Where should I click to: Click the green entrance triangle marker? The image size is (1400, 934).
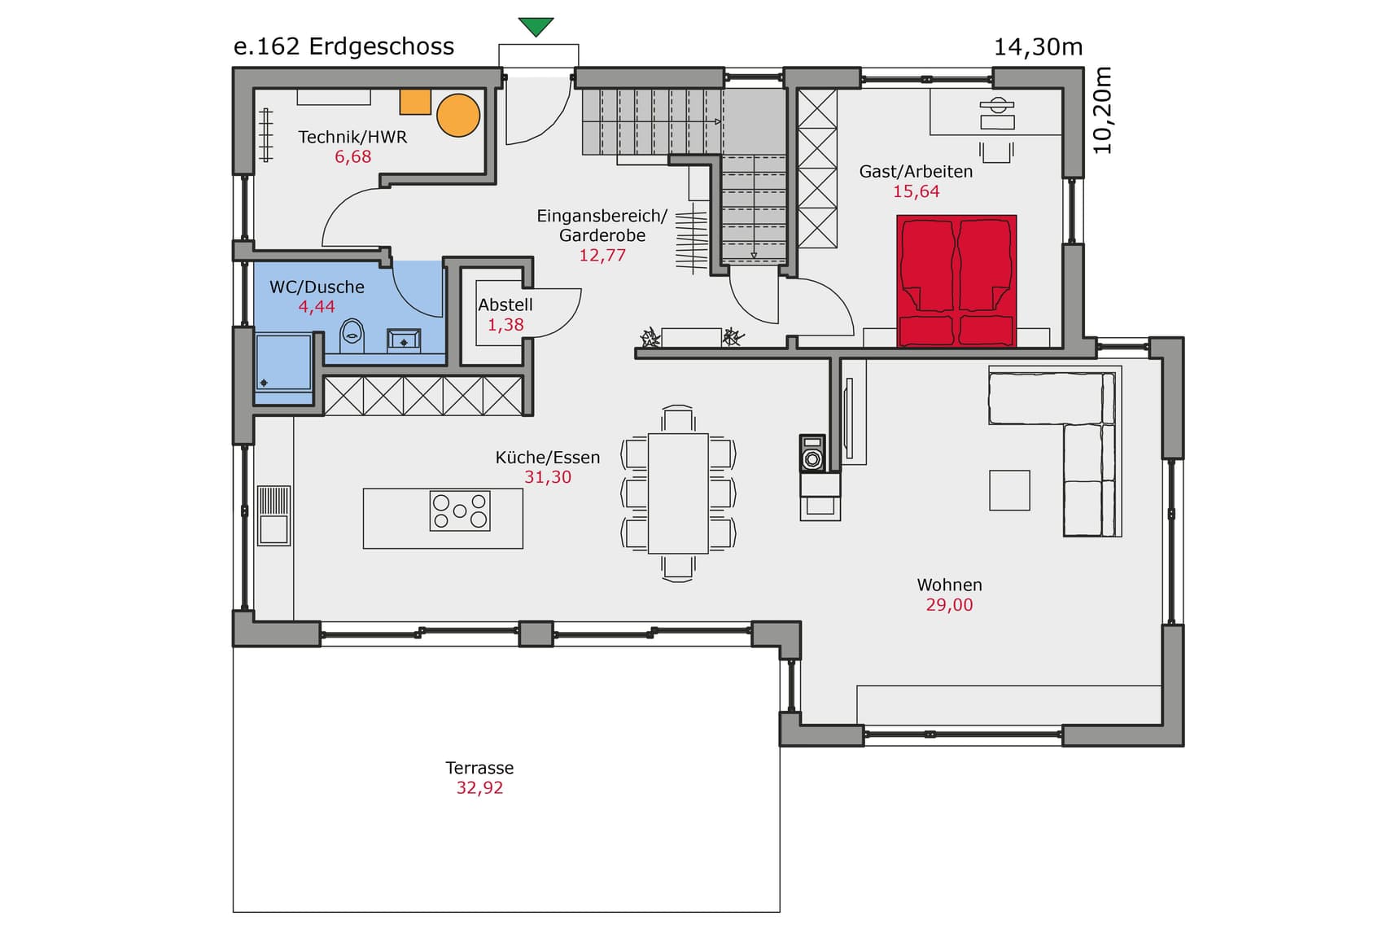pyautogui.click(x=536, y=26)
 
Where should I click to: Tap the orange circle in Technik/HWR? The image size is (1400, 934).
pyautogui.click(x=458, y=115)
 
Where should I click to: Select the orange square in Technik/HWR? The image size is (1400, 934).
pyautogui.click(x=415, y=101)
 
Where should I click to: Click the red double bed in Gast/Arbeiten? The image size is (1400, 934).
pyautogui.click(x=956, y=281)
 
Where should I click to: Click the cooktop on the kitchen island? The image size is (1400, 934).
pyautogui.click(x=460, y=511)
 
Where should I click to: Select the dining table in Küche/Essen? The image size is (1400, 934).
pyautogui.click(x=678, y=493)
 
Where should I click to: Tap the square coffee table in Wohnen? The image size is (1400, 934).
pyautogui.click(x=1009, y=490)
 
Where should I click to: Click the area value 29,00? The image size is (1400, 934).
pyautogui.click(x=949, y=605)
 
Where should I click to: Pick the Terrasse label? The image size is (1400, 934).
pyautogui.click(x=479, y=768)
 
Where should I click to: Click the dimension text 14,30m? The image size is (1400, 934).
pyautogui.click(x=1038, y=47)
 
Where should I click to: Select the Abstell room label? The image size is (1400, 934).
pyautogui.click(x=505, y=305)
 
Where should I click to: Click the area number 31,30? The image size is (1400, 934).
pyautogui.click(x=548, y=477)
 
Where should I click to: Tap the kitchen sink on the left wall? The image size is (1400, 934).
pyautogui.click(x=273, y=515)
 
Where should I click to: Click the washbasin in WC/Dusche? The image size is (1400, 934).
pyautogui.click(x=404, y=340)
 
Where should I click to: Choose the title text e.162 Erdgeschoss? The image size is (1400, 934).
pyautogui.click(x=343, y=46)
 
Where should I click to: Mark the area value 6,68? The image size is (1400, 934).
pyautogui.click(x=352, y=157)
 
